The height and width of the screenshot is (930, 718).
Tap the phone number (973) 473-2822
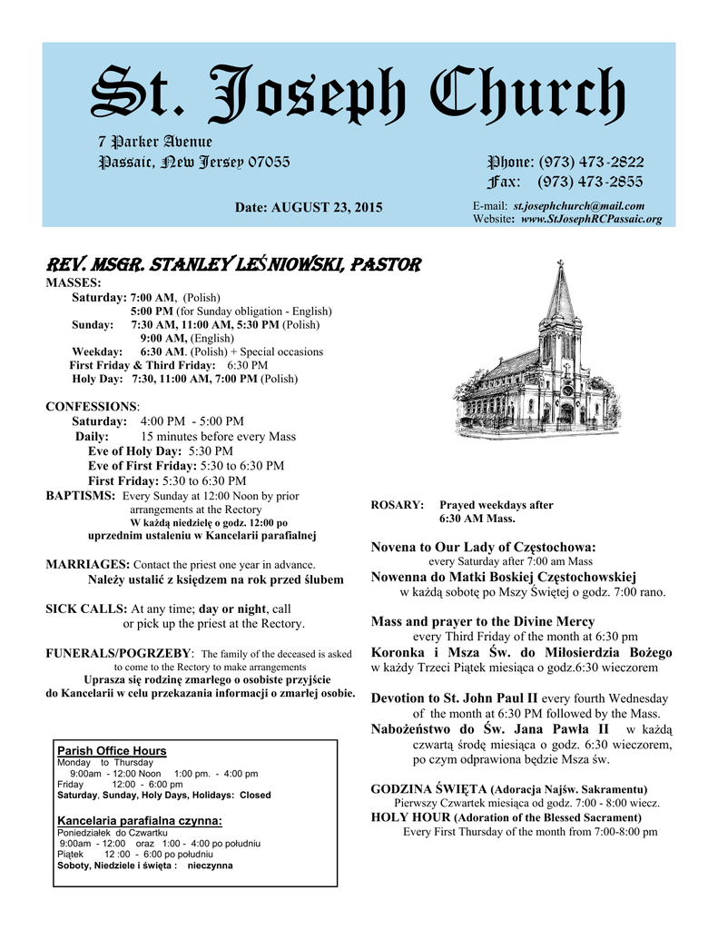(x=591, y=162)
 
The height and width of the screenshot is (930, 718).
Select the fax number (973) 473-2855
(x=591, y=182)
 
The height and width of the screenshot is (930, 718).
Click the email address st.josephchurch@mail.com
(x=579, y=206)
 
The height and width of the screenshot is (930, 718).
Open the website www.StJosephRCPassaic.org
(x=592, y=219)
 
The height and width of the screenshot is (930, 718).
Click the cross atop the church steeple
(x=560, y=266)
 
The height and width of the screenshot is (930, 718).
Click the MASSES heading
(x=74, y=283)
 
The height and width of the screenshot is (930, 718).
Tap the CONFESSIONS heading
(x=91, y=406)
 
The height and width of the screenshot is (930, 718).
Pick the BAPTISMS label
(x=80, y=496)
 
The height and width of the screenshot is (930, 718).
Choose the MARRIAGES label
(x=87, y=564)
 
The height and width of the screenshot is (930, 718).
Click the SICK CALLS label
(x=86, y=608)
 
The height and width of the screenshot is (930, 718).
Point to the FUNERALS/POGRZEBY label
(x=119, y=653)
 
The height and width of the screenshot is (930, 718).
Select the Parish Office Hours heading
(x=112, y=750)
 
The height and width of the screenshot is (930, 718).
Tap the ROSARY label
(x=398, y=505)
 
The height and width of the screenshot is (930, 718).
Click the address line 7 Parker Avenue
(x=155, y=142)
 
